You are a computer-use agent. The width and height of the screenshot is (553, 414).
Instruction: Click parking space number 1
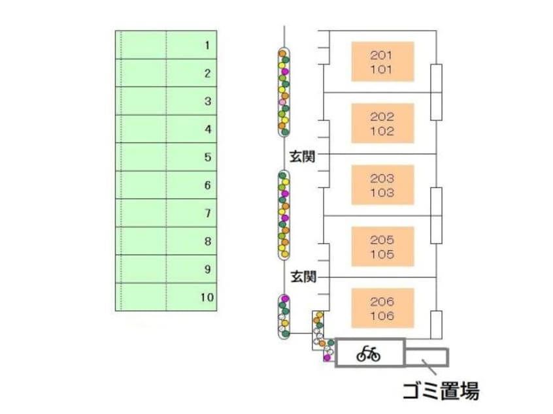point(166,45)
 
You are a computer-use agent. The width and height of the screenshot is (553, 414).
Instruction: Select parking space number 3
point(166,101)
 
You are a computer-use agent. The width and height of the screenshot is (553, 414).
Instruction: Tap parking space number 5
point(166,157)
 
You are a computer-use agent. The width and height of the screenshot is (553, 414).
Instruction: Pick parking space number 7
point(166,214)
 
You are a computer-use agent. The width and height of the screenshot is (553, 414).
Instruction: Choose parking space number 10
point(166,298)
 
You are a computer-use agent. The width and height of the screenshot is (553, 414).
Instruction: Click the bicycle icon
point(369,354)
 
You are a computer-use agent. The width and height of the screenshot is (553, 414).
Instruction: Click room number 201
point(382,55)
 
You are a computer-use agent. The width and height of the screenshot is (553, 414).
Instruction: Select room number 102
point(382,131)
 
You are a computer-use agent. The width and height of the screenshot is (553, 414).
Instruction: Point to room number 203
point(382,178)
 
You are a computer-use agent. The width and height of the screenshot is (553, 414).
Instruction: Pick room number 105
point(382,254)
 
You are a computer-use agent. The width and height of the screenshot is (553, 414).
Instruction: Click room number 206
point(382,302)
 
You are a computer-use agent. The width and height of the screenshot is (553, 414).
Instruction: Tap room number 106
point(382,316)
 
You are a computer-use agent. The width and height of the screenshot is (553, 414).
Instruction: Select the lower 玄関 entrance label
point(303,277)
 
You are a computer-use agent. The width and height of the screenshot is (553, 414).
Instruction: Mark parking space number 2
point(166,73)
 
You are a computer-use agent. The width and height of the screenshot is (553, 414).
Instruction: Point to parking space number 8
point(166,242)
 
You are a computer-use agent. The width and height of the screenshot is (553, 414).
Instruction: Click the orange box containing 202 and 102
point(382,123)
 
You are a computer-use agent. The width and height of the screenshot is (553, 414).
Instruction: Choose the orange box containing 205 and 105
point(382,246)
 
